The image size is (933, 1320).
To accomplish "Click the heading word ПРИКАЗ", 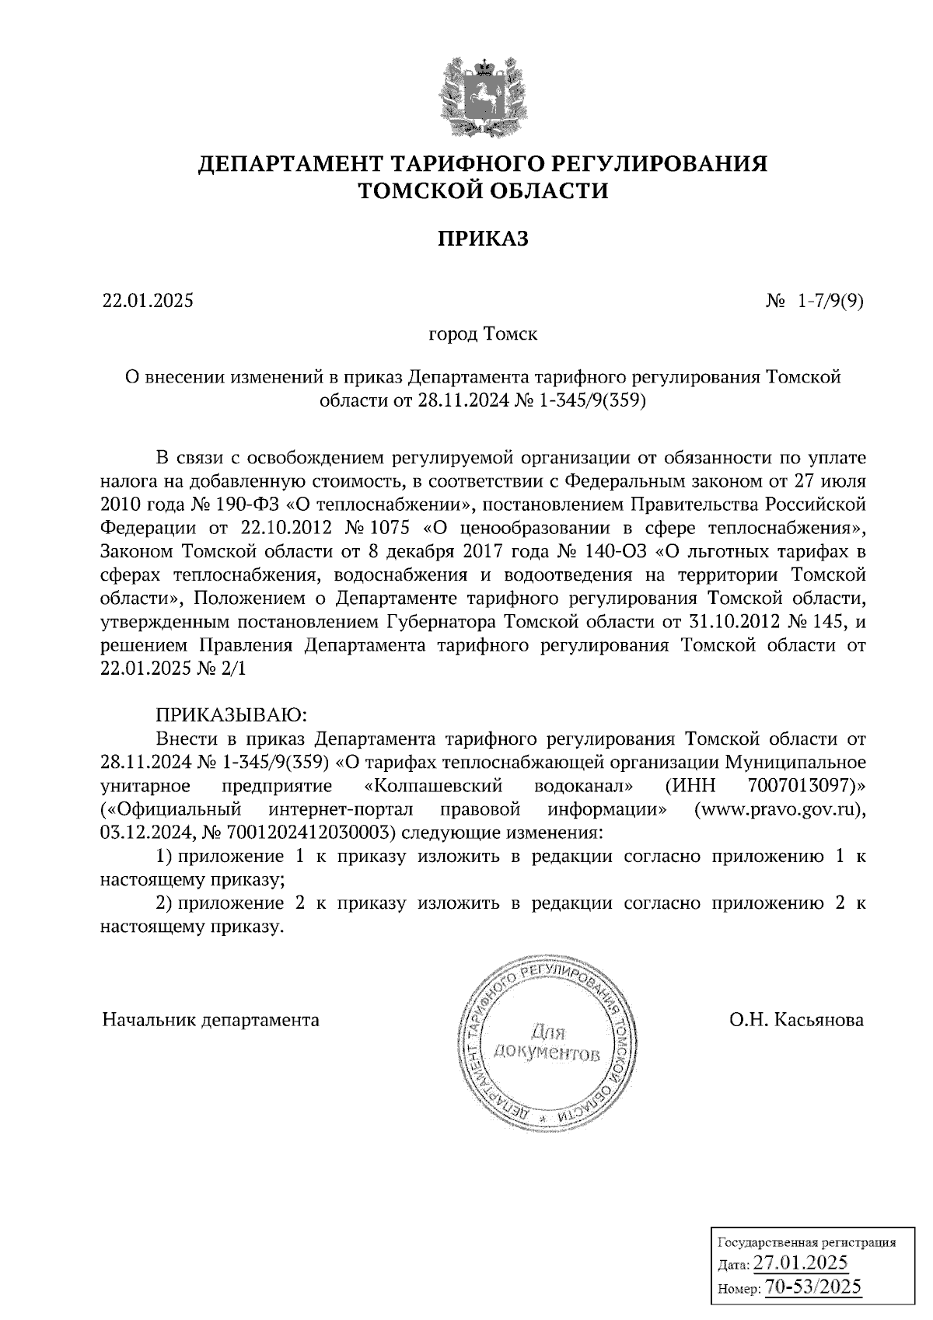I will click(482, 239).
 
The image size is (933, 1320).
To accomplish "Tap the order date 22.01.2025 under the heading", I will click(147, 301).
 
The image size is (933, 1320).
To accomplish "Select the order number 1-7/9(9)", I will click(830, 301).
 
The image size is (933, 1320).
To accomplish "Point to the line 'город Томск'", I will click(482, 335).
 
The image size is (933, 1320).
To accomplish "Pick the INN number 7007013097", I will click(802, 784).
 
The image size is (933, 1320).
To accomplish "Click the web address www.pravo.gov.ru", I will click(779, 808).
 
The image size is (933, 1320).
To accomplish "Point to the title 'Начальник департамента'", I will click(211, 1019).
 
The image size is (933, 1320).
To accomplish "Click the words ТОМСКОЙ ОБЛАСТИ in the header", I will click(482, 190).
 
